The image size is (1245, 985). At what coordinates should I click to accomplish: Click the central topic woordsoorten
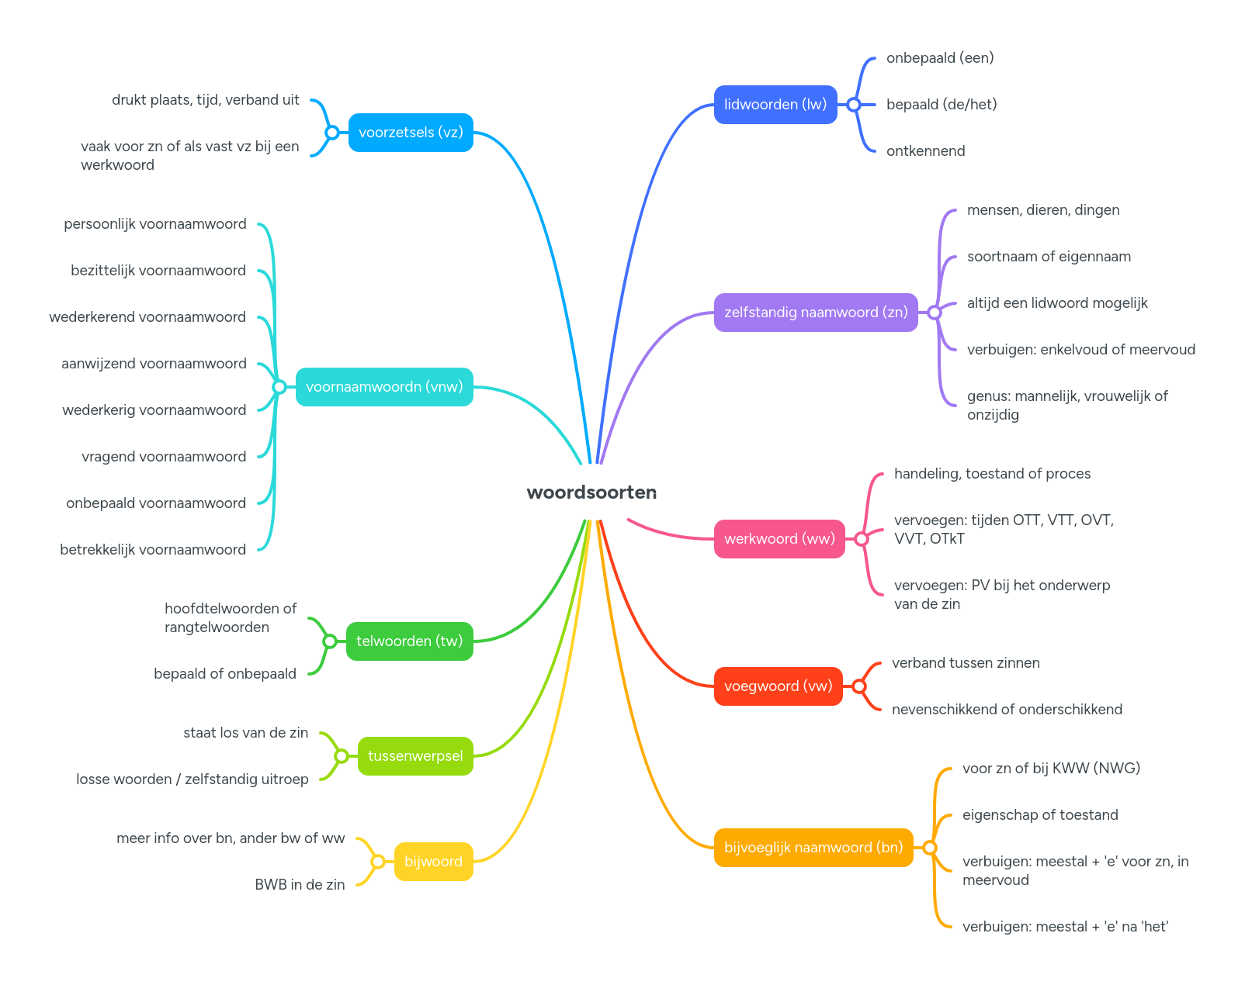click(x=591, y=492)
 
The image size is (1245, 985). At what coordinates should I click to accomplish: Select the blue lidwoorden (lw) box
click(x=775, y=105)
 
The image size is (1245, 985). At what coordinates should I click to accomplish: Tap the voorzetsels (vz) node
click(x=411, y=133)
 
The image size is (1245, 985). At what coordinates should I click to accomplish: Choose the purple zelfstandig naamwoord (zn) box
click(x=815, y=313)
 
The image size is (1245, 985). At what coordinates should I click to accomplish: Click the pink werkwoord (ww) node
click(x=779, y=539)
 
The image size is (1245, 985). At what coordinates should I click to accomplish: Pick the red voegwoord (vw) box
click(x=778, y=686)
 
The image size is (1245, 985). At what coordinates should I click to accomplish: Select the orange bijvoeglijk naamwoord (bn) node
click(x=813, y=848)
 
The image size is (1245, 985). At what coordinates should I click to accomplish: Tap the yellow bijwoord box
click(x=433, y=862)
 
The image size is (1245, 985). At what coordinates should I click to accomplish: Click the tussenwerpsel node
click(x=415, y=756)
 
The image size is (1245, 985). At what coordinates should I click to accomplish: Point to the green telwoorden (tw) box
click(x=409, y=641)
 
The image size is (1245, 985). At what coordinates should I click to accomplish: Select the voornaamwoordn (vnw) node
click(x=384, y=387)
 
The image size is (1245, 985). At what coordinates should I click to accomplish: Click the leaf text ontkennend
click(x=925, y=151)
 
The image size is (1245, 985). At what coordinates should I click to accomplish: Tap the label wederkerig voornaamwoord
click(x=154, y=410)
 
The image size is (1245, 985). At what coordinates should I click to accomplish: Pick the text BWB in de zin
click(x=300, y=885)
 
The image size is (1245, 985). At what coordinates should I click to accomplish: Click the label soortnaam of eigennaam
click(x=1049, y=257)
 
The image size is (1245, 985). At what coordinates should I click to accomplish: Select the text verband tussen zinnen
click(x=966, y=663)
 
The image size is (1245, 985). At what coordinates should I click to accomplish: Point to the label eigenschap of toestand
click(x=1040, y=815)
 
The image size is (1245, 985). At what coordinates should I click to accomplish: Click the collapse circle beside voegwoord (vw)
click(x=859, y=686)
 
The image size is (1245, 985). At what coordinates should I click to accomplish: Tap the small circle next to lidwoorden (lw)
click(x=854, y=105)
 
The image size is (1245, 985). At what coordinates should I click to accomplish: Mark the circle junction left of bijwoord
click(x=378, y=862)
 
